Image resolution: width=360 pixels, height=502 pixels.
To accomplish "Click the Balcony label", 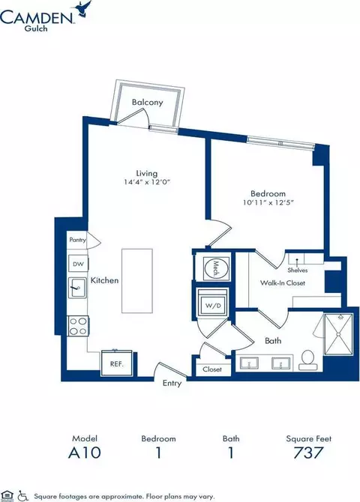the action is (x=148, y=103).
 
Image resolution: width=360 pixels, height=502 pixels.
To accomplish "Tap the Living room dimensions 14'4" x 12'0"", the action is (x=147, y=182).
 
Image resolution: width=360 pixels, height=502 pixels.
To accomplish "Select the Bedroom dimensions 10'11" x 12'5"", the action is (x=268, y=202).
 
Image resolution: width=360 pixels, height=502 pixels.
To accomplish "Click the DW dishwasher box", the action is (x=78, y=264).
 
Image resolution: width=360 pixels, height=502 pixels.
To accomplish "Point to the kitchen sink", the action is (x=77, y=288).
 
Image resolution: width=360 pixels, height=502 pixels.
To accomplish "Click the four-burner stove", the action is (x=78, y=326).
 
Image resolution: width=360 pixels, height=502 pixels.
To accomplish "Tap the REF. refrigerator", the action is (x=117, y=363).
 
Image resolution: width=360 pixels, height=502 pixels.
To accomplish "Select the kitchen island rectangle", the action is (x=137, y=281).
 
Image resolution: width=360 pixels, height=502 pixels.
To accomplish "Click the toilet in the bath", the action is (x=307, y=360).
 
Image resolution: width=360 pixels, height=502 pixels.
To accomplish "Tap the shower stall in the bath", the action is (x=338, y=335).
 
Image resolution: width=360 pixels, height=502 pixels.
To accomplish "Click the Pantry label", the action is (x=77, y=240).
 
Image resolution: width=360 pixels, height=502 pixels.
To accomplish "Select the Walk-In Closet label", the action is (x=283, y=282).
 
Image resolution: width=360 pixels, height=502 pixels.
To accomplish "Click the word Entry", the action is (x=172, y=383).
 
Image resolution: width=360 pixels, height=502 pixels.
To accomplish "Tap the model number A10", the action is (x=85, y=453).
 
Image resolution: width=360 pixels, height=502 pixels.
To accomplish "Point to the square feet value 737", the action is (x=308, y=453).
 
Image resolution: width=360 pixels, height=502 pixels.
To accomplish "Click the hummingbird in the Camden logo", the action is (x=85, y=8).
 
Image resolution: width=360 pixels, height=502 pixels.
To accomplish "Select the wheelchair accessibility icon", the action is (x=22, y=496).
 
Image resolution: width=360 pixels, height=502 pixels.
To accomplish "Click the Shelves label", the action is (x=298, y=270).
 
